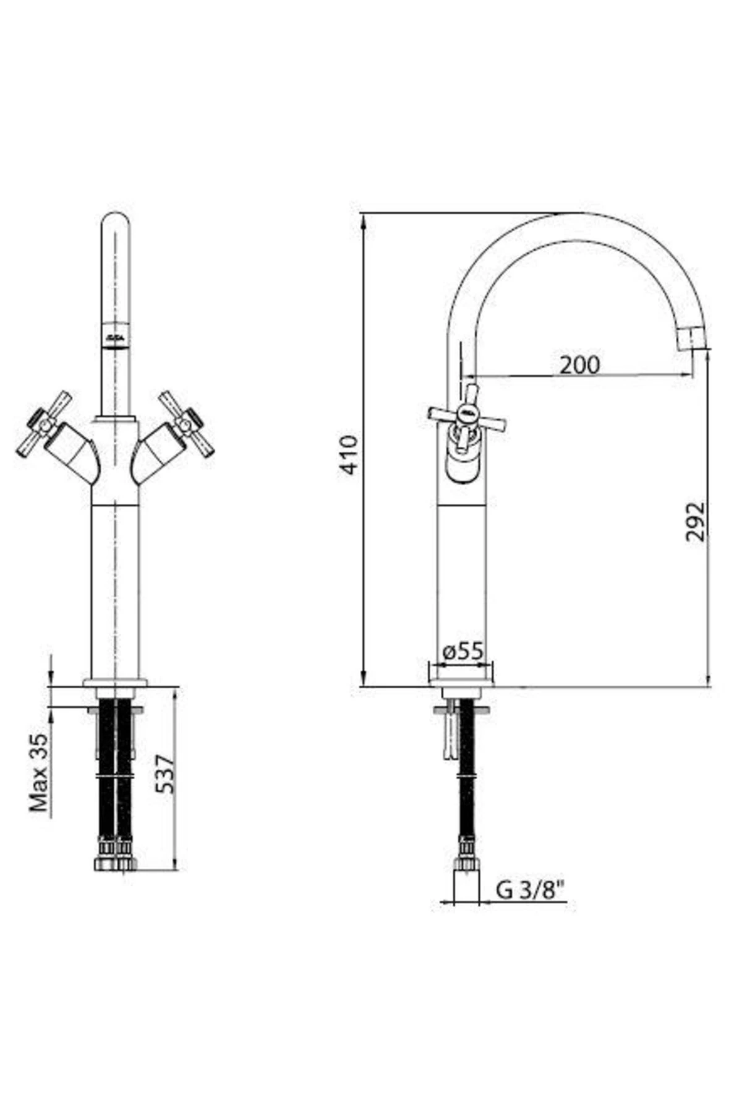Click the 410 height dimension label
350,454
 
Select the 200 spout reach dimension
579,365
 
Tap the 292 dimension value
696,521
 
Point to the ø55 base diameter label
463,650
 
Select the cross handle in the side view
467,413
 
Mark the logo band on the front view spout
116,336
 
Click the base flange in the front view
116,683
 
